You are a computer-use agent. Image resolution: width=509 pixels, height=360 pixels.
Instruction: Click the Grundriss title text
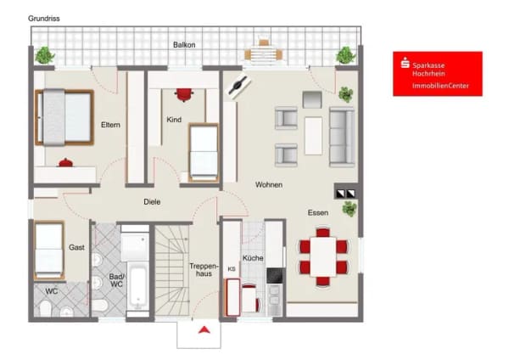point(44,19)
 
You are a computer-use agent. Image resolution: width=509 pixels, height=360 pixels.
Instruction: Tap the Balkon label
point(184,45)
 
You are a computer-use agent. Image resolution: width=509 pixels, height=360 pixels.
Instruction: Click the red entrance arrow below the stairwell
point(204,330)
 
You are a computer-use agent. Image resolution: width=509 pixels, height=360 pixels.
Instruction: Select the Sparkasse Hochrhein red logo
point(438,74)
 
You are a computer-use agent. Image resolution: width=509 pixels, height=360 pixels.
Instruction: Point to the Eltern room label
point(110,125)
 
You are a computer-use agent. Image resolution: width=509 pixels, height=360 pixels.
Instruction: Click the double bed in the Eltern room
point(64,117)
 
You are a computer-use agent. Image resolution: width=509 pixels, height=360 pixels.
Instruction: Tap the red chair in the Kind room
point(184,94)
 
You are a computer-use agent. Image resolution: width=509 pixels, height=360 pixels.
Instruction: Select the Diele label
point(152,202)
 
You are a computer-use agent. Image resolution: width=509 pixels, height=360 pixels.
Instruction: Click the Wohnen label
point(268,185)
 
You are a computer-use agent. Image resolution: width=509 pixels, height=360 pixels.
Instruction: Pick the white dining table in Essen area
point(323,257)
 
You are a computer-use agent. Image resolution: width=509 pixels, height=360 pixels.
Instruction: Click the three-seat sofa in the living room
point(342,137)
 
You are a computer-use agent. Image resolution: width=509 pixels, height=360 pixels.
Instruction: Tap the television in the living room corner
point(239,86)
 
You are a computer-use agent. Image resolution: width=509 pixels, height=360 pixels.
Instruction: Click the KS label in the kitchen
point(232,269)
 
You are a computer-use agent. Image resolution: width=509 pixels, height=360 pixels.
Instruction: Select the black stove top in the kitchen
point(275,276)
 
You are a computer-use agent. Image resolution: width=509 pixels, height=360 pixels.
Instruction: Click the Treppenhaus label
point(204,270)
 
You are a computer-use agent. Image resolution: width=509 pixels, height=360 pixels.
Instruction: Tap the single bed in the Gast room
point(49,250)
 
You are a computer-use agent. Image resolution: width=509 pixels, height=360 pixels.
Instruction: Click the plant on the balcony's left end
point(44,55)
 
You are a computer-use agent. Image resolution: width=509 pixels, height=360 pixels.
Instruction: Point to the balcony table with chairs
point(264,52)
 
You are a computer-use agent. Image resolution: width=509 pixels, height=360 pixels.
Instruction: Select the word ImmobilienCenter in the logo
point(440,86)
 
